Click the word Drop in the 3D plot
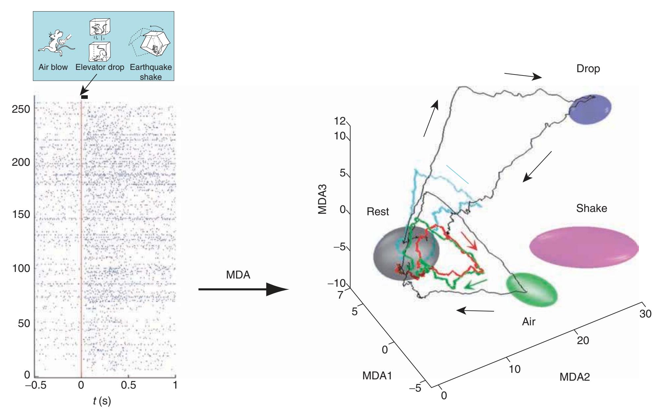[x=588, y=69]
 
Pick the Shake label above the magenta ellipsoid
[x=591, y=208]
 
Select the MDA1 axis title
[x=377, y=376]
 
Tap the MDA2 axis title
[x=575, y=377]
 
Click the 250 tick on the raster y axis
[x=21, y=109]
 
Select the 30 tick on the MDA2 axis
[x=645, y=314]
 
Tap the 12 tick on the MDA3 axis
[x=340, y=121]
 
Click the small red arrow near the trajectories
[x=469, y=241]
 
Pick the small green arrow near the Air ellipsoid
[x=475, y=284]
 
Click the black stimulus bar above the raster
[x=84, y=97]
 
